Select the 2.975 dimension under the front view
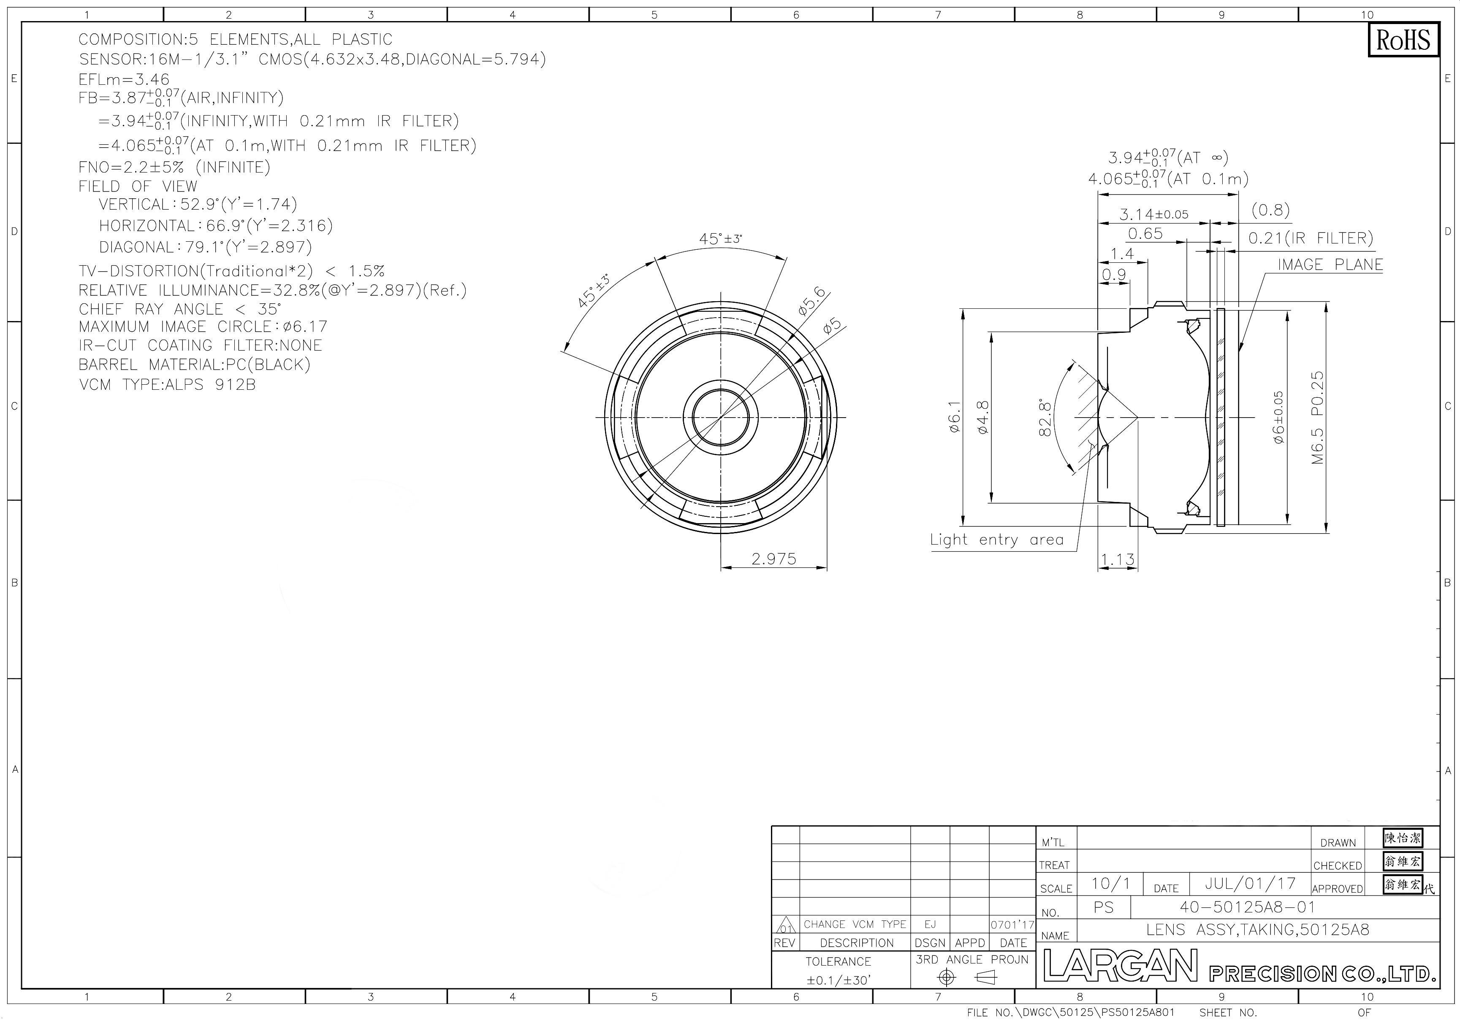[773, 559]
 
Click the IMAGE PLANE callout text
[1330, 264]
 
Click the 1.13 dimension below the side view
[1117, 559]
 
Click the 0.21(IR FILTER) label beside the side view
[1311, 238]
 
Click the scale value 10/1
[1111, 883]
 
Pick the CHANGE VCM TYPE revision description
[855, 924]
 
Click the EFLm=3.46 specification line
[124, 79]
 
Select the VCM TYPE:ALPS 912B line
[167, 384]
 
